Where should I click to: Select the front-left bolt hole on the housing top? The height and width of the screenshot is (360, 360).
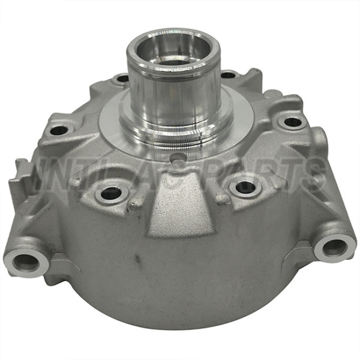coord(111,193)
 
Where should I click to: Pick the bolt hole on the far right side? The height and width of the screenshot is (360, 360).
coord(292,122)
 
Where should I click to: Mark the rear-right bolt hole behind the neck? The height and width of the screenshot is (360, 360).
coord(229,76)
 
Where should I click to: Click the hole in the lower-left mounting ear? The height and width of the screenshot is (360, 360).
coord(25,261)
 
